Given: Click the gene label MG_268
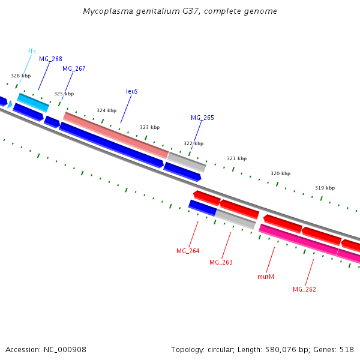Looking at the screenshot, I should pyautogui.click(x=50, y=59).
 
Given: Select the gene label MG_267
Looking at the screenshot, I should pyautogui.click(x=74, y=68).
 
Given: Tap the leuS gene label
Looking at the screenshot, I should pyautogui.click(x=132, y=91).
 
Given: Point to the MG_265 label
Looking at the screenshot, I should pyautogui.click(x=202, y=118).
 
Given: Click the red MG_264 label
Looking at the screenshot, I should pyautogui.click(x=188, y=251).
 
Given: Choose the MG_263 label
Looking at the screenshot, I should pyautogui.click(x=221, y=262).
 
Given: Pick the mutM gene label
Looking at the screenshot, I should pyautogui.click(x=266, y=277).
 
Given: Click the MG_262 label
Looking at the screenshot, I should pyautogui.click(x=304, y=289).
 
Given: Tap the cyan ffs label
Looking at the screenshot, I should pyautogui.click(x=32, y=51).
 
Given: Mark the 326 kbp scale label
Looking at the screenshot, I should pyautogui.click(x=20, y=76).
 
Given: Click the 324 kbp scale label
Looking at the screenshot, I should pyautogui.click(x=106, y=110).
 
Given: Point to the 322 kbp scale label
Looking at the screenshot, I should pyautogui.click(x=193, y=143).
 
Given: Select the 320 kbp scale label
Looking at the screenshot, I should pyautogui.click(x=280, y=173).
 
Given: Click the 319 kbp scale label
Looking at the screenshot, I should pyautogui.click(x=325, y=188).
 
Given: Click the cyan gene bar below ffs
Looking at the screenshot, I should pyautogui.click(x=32, y=103).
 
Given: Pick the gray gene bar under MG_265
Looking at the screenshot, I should pyautogui.click(x=187, y=161).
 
